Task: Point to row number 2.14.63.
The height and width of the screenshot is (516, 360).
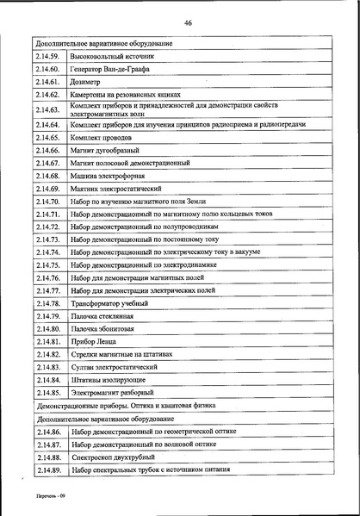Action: click(x=48, y=109)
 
